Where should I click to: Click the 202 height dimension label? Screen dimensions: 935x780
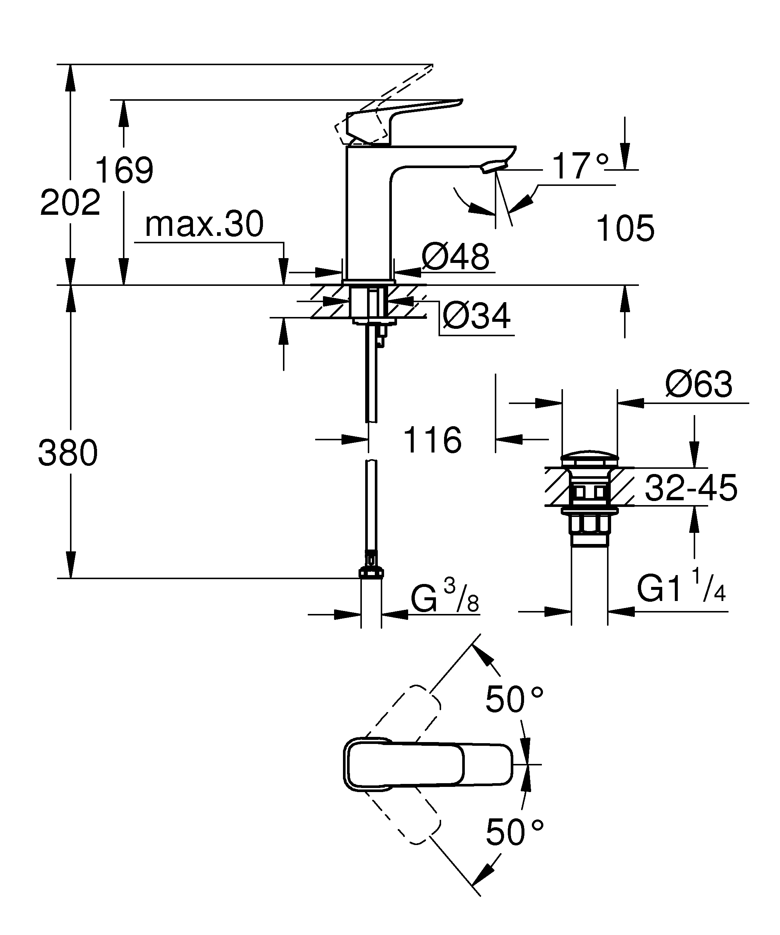70,203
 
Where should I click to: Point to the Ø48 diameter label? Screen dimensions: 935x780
455,257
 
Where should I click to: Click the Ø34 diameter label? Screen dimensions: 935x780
476,316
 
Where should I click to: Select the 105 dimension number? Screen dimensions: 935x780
625,229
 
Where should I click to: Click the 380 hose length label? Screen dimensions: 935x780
68,453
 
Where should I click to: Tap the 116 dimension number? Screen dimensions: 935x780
432,440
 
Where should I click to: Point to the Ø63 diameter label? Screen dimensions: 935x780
699,384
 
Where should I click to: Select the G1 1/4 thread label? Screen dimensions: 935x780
681,589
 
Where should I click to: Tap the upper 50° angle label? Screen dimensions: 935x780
514,699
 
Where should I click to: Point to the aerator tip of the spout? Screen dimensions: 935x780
494,167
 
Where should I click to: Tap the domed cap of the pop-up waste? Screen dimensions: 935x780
589,457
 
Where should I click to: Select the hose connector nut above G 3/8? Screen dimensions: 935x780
371,572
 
